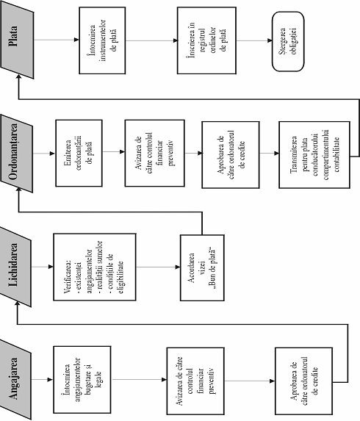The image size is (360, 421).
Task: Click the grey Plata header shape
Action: [17, 40]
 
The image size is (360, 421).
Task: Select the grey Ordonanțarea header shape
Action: [17, 154]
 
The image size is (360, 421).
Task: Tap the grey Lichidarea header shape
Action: [15, 267]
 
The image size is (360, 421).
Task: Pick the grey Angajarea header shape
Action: [15, 379]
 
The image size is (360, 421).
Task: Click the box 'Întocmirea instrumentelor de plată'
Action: [102, 40]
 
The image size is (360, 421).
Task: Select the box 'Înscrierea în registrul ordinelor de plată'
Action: [206, 40]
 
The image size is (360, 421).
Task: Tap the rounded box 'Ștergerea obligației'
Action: [288, 41]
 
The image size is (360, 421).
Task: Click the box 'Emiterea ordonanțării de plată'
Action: [79, 153]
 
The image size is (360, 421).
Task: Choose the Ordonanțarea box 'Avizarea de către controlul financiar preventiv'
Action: [154, 153]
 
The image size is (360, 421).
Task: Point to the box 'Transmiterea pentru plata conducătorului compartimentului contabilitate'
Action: [314, 154]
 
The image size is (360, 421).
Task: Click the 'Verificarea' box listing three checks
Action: [95, 267]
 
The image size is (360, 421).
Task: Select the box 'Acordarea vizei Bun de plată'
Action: [202, 268]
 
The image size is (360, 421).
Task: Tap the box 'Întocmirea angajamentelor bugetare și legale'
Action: [82, 380]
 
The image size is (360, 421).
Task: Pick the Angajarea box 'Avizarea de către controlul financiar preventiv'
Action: [195, 381]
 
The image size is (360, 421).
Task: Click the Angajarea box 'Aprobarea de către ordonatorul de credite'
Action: [304, 381]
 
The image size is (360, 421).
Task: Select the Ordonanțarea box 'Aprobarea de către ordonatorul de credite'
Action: [231, 154]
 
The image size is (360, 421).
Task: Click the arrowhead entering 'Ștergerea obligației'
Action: [270, 41]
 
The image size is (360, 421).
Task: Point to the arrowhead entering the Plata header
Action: [18, 77]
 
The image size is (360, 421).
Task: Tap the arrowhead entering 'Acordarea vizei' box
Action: [178, 267]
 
